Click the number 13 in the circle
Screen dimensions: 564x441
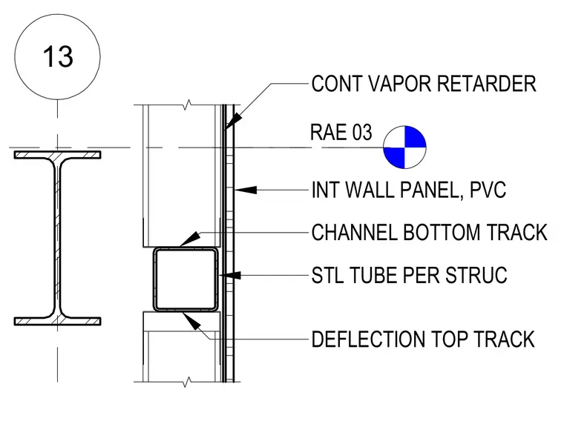[x=58, y=57]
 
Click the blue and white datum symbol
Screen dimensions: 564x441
[x=404, y=147]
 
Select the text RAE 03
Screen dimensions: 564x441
[x=341, y=132]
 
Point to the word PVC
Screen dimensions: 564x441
[x=488, y=190]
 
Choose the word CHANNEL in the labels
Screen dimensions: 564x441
[x=355, y=232]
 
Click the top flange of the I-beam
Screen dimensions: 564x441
[x=58, y=155]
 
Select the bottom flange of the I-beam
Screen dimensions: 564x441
[x=58, y=322]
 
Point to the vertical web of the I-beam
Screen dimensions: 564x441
[x=58, y=238]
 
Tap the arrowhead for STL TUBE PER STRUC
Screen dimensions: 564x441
[x=230, y=276]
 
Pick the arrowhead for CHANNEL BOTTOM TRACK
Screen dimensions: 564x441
[x=189, y=239]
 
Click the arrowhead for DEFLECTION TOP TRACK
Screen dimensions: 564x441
[x=191, y=321]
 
